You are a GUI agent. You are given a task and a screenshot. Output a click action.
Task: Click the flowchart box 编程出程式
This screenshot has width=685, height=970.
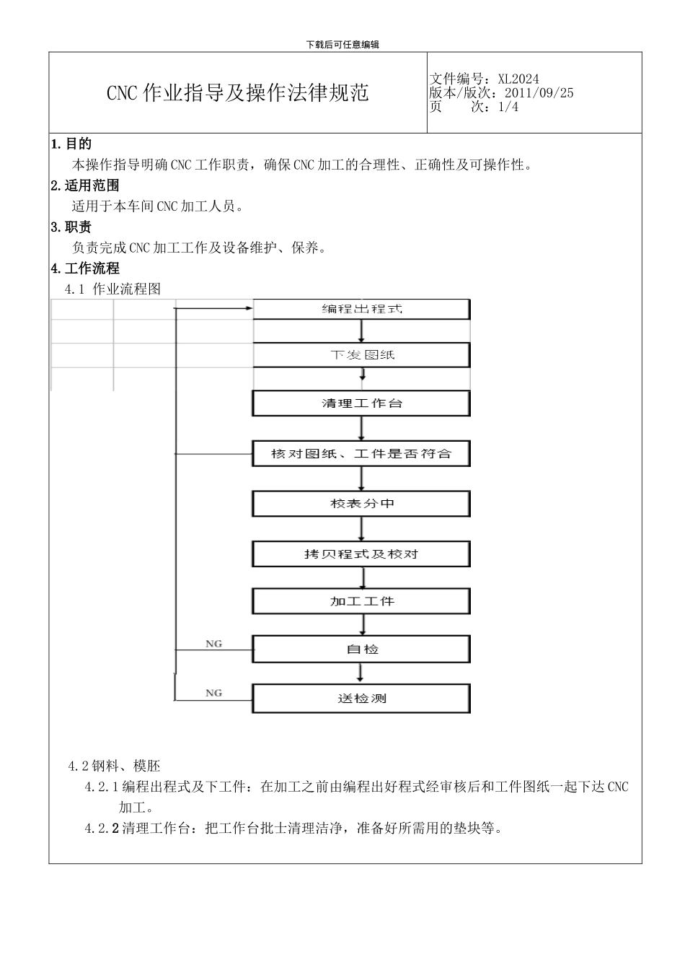tap(361, 309)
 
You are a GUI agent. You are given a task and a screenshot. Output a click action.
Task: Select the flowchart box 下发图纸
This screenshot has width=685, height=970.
tap(361, 355)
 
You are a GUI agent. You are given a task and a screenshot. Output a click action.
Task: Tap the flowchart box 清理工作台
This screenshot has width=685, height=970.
tap(361, 403)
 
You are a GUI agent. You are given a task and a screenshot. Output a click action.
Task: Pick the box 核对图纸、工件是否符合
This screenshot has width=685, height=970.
tap(361, 454)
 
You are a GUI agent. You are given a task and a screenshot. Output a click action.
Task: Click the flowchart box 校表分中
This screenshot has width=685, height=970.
tap(361, 504)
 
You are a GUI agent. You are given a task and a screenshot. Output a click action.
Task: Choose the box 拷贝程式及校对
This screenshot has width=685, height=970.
tap(361, 554)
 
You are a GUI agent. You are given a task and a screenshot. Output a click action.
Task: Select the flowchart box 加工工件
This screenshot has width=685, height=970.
tap(361, 601)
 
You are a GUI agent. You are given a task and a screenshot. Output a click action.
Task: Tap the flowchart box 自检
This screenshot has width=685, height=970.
tap(361, 650)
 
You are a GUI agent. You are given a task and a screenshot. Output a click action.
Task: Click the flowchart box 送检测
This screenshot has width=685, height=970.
tap(361, 699)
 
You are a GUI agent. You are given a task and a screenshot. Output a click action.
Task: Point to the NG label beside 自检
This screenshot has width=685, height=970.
tap(213, 644)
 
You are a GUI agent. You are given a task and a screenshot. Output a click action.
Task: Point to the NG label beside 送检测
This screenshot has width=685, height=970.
tap(213, 693)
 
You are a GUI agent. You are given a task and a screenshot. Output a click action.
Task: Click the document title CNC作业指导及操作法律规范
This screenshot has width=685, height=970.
tap(238, 93)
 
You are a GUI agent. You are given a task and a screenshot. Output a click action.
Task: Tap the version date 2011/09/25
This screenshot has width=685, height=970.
tap(539, 92)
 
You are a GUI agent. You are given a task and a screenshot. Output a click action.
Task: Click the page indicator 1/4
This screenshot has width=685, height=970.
tap(508, 107)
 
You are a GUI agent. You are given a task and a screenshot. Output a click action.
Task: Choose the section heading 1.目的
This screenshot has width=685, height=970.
tap(71, 144)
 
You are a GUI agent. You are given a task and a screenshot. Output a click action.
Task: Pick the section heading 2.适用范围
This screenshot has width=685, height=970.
tap(85, 185)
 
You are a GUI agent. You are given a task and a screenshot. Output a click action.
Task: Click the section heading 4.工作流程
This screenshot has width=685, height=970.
tap(85, 268)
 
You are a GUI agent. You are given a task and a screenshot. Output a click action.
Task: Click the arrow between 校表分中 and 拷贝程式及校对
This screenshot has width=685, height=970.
tap(361, 529)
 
